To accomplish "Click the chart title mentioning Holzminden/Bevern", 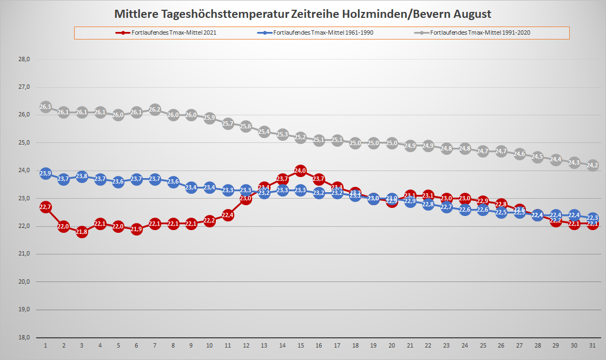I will pos(302,13).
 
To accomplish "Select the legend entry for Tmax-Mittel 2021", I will pos(166,33).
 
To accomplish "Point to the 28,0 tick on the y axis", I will pos(23,59).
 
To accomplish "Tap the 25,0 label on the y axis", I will pos(23,143).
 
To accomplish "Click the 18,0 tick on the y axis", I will pos(23,337).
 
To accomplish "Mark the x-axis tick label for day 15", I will pos(301,345).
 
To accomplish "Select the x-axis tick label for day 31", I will pos(592,345).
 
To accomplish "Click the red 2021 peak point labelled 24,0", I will pos(301,171).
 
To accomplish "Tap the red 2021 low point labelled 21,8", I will pos(82,232).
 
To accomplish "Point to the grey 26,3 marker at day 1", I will pos(45,107).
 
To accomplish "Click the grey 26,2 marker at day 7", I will pos(155,109).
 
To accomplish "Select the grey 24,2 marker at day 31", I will pos(592,165).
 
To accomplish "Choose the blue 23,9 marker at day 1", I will pos(45,174).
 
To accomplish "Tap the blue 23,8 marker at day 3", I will pos(82,176).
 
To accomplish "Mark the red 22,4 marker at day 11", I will pos(228,215).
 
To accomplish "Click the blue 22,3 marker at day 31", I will pos(592,218).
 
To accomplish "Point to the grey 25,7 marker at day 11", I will pos(228,123).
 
